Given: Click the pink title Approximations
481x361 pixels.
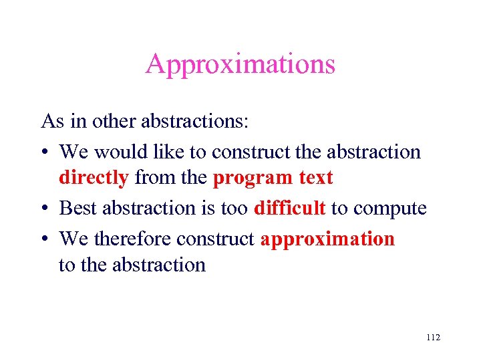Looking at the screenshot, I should tap(240, 65).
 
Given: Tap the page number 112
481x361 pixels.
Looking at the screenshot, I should tap(432, 338).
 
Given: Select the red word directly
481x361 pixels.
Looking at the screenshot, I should tap(94, 179).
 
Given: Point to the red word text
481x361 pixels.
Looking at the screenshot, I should tap(314, 179).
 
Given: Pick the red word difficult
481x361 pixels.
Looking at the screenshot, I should tap(289, 208).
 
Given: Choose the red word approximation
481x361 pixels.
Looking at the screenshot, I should tap(327, 239).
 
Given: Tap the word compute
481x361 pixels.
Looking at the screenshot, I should tap(389, 209).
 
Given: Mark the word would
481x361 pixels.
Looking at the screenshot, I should tap(121, 152).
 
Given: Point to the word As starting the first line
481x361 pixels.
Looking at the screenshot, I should tap(51, 122).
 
